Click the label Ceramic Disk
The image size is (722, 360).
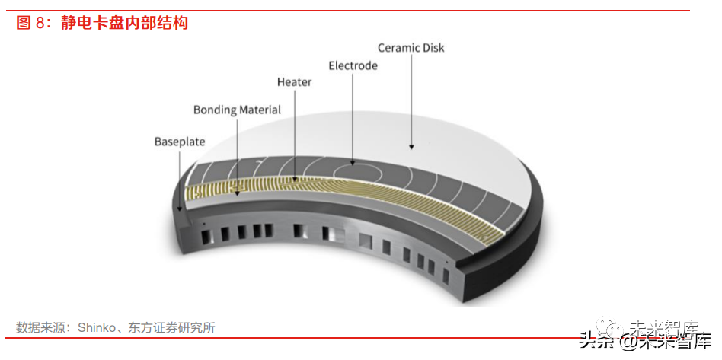click(411, 47)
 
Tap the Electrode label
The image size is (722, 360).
click(353, 65)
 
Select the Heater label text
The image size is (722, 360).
click(294, 81)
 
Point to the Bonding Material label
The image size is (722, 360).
click(237, 110)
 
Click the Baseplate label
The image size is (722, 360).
click(180, 142)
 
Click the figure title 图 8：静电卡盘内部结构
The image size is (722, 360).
click(102, 23)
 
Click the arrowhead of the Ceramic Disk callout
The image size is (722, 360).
click(411, 145)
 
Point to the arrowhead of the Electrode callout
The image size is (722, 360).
click(353, 162)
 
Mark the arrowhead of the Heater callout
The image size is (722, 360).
click(295, 180)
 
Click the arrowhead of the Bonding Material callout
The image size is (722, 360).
click(237, 193)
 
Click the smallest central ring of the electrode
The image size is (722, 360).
click(352, 163)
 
